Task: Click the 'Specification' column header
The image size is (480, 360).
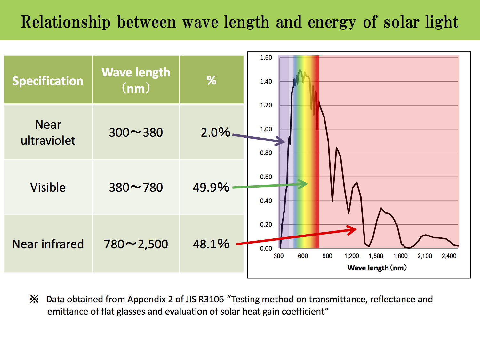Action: pyautogui.click(x=48, y=81)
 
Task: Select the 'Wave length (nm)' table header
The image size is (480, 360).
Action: pyautogui.click(x=136, y=80)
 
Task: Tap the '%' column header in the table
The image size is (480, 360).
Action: pyautogui.click(x=212, y=80)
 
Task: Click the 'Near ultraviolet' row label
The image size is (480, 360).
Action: pyautogui.click(x=48, y=132)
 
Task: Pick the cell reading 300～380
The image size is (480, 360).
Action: pyautogui.click(x=136, y=132)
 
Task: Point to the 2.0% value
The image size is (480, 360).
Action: pyautogui.click(x=215, y=132)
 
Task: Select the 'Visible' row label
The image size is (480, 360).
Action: pyautogui.click(x=48, y=187)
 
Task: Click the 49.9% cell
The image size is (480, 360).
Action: pyautogui.click(x=211, y=187)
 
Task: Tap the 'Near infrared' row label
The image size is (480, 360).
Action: pyautogui.click(x=48, y=244)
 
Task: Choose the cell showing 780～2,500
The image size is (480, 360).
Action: pyautogui.click(x=136, y=244)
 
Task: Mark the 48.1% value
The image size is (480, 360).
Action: pyautogui.click(x=211, y=244)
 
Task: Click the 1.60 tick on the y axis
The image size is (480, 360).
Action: pyautogui.click(x=266, y=58)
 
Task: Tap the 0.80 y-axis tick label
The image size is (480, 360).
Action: pyautogui.click(x=266, y=153)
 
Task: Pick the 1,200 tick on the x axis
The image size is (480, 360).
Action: pyautogui.click(x=352, y=256)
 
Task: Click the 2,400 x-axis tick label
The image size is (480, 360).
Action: pyautogui.click(x=449, y=256)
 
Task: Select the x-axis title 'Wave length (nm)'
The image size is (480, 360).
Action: pyautogui.click(x=377, y=268)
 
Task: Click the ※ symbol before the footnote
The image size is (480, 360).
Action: pyautogui.click(x=34, y=299)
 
